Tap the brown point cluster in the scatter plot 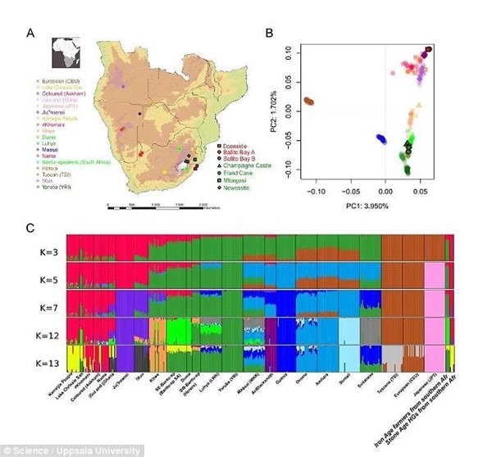coord(308,102)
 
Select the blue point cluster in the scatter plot coord(380,139)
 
